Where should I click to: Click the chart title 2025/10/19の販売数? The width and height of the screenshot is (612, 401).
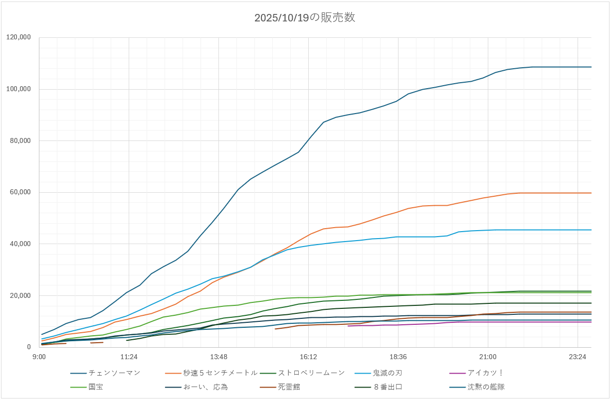point(305,18)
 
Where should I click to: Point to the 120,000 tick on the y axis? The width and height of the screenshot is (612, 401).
point(19,37)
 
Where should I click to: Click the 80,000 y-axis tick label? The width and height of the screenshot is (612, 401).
point(21,140)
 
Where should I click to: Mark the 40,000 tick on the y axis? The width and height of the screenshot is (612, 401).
point(21,244)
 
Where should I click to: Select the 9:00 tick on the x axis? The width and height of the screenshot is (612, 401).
point(39,357)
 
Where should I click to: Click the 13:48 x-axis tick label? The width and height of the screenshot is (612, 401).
point(218,357)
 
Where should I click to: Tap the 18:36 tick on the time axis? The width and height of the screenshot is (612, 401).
point(398,357)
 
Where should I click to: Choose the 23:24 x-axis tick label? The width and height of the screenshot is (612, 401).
point(578,357)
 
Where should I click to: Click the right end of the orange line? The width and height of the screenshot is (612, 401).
point(591,193)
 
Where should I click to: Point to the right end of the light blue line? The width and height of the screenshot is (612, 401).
point(591,230)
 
